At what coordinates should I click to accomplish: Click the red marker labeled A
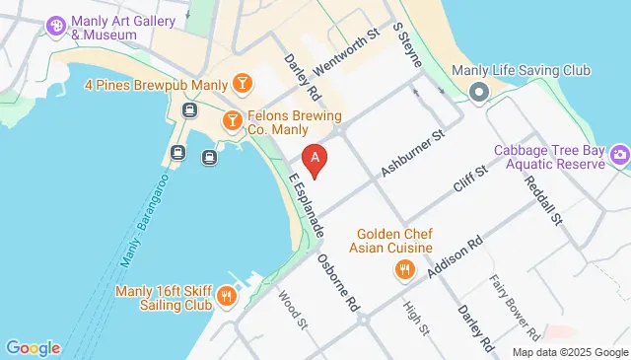click(x=314, y=158)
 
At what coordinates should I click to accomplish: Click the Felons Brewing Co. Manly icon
click(x=232, y=119)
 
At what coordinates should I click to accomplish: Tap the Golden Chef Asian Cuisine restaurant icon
click(x=403, y=269)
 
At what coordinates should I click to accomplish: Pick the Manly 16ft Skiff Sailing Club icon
click(x=227, y=297)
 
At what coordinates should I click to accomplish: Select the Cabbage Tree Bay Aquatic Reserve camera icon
click(x=619, y=154)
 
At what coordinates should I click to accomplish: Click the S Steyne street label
click(x=407, y=45)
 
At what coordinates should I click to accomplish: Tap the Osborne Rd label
click(x=337, y=283)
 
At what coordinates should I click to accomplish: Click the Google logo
click(x=33, y=347)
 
